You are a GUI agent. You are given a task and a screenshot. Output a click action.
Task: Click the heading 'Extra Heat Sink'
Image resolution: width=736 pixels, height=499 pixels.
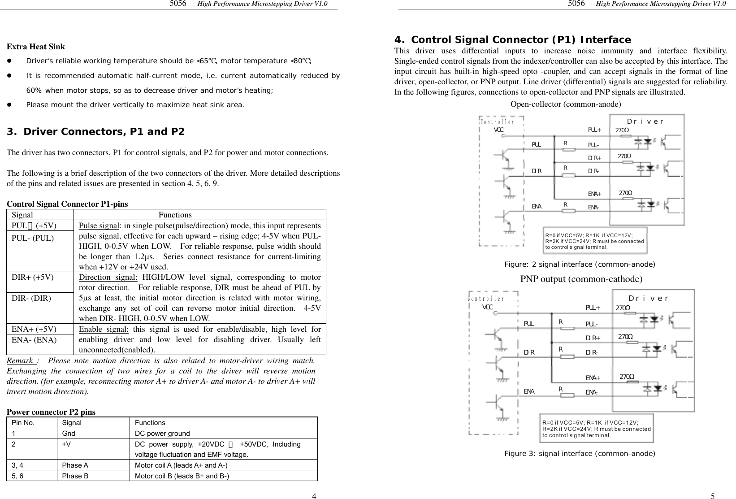[x=36, y=47]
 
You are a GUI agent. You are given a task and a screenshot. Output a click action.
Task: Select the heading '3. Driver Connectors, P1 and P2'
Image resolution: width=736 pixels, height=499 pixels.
[x=95, y=132]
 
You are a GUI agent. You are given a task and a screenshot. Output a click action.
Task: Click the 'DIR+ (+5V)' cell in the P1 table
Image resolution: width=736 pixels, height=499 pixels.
[x=33, y=277]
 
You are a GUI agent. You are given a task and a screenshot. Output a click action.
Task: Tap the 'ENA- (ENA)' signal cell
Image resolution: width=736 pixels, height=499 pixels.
[x=34, y=339]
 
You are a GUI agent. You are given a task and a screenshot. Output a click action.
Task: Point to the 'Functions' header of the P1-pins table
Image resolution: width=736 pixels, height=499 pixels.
[x=175, y=215]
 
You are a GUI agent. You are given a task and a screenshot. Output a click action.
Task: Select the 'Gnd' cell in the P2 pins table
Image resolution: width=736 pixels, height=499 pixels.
[x=69, y=434]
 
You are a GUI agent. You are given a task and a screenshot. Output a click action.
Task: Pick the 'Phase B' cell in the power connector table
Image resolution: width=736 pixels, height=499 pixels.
[x=75, y=476]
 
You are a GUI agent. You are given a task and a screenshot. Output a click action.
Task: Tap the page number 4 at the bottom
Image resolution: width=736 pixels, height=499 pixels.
[x=314, y=496]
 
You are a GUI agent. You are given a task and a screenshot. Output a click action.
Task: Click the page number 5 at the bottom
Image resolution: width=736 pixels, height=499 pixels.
[x=713, y=496]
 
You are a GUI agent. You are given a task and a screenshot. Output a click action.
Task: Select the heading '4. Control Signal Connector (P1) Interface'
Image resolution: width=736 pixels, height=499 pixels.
[x=512, y=39]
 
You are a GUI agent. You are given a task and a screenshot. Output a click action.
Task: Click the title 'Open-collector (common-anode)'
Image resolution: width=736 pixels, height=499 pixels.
[x=566, y=104]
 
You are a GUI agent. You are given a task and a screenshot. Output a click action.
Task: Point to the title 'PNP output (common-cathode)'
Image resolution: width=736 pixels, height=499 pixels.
[x=581, y=279]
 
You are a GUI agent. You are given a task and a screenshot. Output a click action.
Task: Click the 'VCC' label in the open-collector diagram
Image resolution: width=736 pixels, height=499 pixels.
[x=498, y=130]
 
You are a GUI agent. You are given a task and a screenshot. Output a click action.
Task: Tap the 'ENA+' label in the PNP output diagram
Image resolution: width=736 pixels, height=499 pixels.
[x=593, y=378]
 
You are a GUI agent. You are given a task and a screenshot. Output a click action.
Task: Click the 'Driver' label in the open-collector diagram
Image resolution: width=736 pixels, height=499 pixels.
[x=645, y=121]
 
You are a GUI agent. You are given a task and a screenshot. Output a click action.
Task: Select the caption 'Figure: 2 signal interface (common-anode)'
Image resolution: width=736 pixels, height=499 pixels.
[x=580, y=265]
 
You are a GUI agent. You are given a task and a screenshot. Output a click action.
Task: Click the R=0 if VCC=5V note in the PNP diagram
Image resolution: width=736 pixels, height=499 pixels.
[x=596, y=429]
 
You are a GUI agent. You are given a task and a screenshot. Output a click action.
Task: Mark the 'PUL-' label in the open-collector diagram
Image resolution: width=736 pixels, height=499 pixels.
[x=593, y=145]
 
